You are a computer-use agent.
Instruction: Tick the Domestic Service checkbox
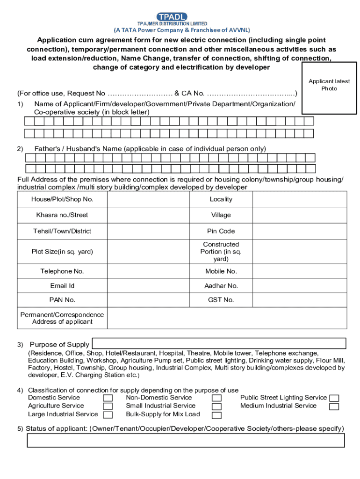pyautogui.click(x=108, y=398)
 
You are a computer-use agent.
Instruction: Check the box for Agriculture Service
pyautogui.click(x=108, y=406)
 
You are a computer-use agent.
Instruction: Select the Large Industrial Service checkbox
pyautogui.click(x=108, y=415)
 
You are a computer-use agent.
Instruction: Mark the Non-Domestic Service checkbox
pyautogui.click(x=216, y=398)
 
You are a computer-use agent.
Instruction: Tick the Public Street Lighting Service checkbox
pyautogui.click(x=334, y=398)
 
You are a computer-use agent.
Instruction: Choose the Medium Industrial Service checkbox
pyautogui.click(x=334, y=406)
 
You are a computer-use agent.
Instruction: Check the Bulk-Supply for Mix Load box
pyautogui.click(x=216, y=415)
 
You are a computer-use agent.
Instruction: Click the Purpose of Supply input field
pyautogui.click(x=219, y=343)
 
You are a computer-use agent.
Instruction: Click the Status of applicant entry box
pyautogui.click(x=186, y=441)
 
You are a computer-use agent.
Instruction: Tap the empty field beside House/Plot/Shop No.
pyautogui.click(x=148, y=199)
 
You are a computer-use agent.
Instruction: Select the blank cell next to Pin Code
pyautogui.click(x=300, y=231)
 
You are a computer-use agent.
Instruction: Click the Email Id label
pyautogui.click(x=62, y=286)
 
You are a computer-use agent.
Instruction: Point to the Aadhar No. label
pyautogui.click(x=221, y=286)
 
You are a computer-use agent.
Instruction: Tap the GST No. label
pyautogui.click(x=221, y=300)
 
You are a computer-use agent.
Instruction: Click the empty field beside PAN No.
pyautogui.click(x=148, y=300)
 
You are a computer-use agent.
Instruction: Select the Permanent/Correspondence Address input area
pyautogui.click(x=227, y=318)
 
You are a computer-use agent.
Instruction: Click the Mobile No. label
pyautogui.click(x=221, y=271)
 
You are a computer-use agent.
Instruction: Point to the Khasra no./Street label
pyautogui.click(x=62, y=215)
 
